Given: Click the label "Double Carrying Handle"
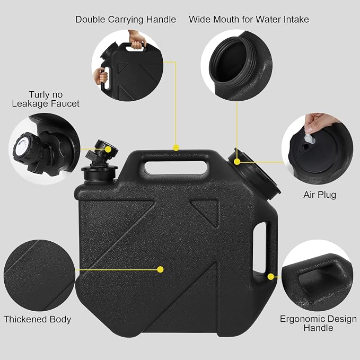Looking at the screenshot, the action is pyautogui.click(x=126, y=20).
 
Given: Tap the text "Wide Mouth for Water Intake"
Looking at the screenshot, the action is pyautogui.click(x=249, y=20).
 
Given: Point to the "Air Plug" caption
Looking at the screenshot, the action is pyautogui.click(x=320, y=195).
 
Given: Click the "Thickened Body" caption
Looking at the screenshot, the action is pyautogui.click(x=37, y=319).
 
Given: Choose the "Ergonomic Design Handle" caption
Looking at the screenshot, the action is pyautogui.click(x=318, y=323).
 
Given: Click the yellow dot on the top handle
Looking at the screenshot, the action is pyautogui.click(x=176, y=148).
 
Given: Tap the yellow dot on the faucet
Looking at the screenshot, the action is pyautogui.click(x=108, y=150).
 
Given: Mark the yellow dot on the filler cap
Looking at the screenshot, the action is pyautogui.click(x=237, y=162).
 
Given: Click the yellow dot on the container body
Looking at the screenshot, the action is pyautogui.click(x=161, y=269).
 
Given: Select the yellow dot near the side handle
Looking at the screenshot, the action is pyautogui.click(x=271, y=277).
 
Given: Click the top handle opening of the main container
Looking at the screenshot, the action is pyautogui.click(x=176, y=168).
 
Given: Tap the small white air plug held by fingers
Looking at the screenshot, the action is pyautogui.click(x=309, y=139).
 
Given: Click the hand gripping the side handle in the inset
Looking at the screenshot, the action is pyautogui.click(x=101, y=76).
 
